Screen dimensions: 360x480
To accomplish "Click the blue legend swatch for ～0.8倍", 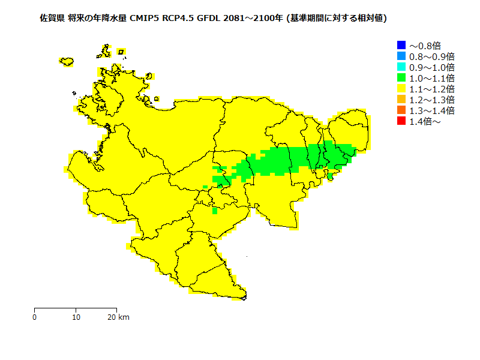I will [401, 45].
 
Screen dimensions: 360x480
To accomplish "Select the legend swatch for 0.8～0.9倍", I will [401, 56].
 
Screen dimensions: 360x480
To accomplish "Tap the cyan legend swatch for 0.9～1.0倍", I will [401, 67].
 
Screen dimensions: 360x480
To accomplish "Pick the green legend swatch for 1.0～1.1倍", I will [401, 77].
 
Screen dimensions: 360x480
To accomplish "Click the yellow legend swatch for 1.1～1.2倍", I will [401, 88].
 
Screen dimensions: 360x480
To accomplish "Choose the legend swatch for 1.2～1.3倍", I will [401, 99].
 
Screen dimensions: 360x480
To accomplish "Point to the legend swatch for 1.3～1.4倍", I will [401, 110].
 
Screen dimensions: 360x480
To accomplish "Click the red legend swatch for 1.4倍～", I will [401, 121].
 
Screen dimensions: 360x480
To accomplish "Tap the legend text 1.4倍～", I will [425, 122].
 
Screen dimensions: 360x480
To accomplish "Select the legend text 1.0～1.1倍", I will [431, 78].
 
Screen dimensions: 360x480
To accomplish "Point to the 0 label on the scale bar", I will [35, 317].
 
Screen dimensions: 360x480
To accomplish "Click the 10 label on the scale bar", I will [76, 317].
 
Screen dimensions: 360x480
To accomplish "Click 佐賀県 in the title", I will [52, 19].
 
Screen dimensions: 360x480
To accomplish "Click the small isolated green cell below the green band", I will [214, 210].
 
